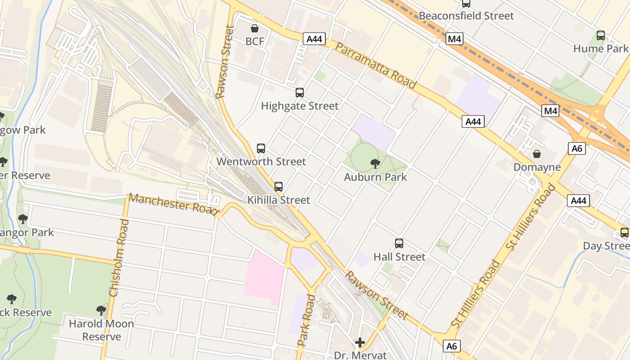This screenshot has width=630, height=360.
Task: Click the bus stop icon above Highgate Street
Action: pos(300,93)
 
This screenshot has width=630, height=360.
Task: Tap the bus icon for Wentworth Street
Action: pos(261,148)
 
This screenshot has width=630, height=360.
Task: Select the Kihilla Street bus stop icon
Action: pos(279,186)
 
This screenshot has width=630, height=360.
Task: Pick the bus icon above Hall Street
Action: pos(399,243)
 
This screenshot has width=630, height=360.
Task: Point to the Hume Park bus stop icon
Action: pos(601,35)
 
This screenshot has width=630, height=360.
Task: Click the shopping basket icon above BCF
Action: pos(255,28)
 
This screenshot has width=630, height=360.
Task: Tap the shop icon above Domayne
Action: pos(537,154)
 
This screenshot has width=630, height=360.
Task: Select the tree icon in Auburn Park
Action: pos(375,164)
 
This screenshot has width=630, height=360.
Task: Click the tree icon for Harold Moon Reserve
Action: pos(101,310)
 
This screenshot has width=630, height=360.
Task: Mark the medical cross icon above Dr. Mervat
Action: pos(360,343)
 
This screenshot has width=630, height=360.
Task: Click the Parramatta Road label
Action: pos(376,67)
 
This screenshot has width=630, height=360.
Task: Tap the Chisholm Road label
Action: pos(119,258)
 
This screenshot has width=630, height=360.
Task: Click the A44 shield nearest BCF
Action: pos(314,39)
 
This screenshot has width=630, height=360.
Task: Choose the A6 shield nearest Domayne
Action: pos(576,148)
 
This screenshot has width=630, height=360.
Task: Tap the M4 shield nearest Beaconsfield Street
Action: pos(454,39)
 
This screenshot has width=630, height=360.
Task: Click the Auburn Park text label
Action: pos(375,177)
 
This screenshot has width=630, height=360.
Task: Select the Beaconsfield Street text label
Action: pos(466,16)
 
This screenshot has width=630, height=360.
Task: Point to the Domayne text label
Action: pos(537,167)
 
